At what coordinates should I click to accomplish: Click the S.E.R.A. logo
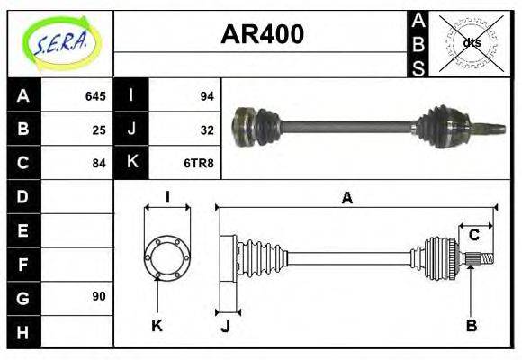(59, 43)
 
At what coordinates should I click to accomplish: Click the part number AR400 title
(262, 35)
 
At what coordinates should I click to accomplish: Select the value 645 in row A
(95, 96)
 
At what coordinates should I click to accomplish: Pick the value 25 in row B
(99, 130)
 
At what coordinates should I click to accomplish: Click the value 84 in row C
(99, 163)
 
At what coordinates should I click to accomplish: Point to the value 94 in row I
(206, 96)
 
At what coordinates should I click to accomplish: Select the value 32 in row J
(206, 130)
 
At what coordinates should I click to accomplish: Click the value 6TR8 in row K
(200, 163)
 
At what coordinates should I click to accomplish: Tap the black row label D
(23, 196)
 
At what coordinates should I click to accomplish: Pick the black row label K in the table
(131, 163)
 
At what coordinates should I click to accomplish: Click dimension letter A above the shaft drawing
(346, 199)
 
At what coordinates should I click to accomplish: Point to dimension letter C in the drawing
(473, 236)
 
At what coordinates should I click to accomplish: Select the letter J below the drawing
(226, 326)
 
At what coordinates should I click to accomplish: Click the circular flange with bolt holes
(167, 257)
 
